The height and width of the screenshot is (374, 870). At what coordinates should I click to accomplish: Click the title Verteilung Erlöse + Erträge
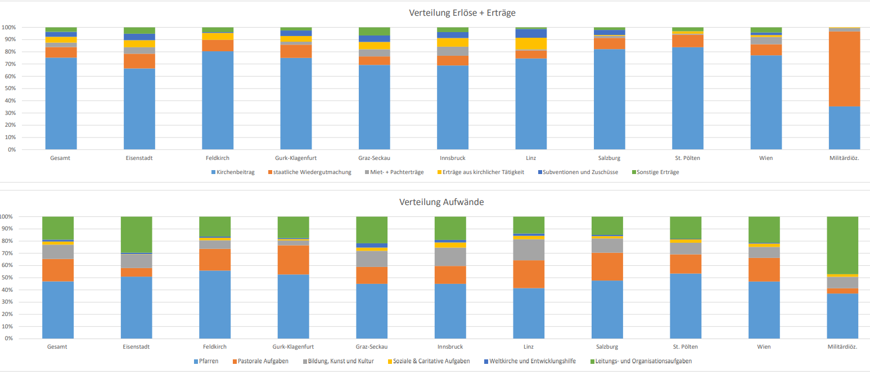[x=463, y=12]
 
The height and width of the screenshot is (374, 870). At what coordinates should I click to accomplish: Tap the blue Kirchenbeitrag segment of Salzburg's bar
[x=609, y=100]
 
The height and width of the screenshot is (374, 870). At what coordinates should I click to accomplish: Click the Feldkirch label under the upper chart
[x=217, y=158]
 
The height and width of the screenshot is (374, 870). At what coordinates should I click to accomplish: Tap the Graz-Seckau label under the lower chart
[x=371, y=347]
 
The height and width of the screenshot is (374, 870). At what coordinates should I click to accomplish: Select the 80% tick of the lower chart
[x=8, y=241]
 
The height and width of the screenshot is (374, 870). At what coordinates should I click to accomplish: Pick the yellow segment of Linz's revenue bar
[x=531, y=44]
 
